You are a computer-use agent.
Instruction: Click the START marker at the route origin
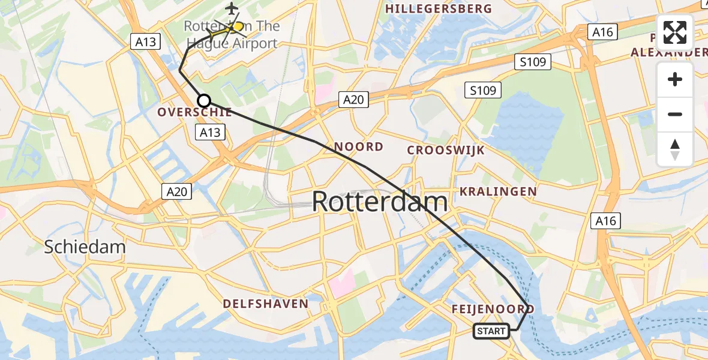point(491,331)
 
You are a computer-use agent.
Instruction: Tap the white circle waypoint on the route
point(204,101)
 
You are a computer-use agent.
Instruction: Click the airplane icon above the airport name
point(231,8)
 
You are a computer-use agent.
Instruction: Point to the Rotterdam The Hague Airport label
point(232,35)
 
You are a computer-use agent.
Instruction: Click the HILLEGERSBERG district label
point(439,9)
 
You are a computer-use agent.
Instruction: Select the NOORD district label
point(358,147)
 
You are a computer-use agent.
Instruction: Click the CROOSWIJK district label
point(445,150)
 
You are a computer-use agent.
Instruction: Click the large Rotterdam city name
point(379,202)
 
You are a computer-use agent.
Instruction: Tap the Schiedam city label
point(85,247)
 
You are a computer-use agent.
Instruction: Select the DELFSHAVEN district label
point(265,304)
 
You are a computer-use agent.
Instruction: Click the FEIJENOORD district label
point(494,309)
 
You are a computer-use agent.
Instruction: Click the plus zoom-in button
point(675,80)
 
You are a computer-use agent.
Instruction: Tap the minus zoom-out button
point(675,114)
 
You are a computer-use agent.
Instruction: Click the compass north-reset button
point(675,149)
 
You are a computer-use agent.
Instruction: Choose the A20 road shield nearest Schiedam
point(176,191)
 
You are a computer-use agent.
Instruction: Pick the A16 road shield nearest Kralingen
point(605,221)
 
